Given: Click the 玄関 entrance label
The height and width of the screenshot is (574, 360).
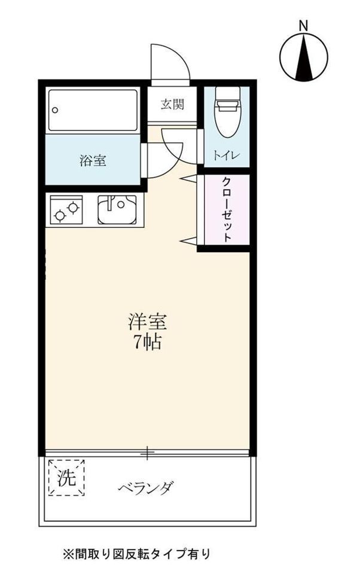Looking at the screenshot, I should (171, 104).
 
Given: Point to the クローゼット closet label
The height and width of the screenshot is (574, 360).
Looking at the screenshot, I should (227, 209).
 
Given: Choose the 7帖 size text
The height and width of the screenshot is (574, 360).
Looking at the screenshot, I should (146, 344).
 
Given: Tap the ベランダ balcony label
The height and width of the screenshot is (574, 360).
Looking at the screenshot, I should (146, 488).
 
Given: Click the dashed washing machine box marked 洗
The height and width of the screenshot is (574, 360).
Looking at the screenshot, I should (66, 477).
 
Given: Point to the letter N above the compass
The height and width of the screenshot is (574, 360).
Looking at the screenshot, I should (303, 25).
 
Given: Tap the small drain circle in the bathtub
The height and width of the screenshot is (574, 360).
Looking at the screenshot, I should (55, 110).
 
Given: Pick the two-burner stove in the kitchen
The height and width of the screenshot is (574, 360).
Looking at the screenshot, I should (65, 210).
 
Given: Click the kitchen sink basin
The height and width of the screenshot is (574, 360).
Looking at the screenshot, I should (118, 210).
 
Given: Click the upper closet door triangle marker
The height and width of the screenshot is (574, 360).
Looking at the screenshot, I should (189, 178).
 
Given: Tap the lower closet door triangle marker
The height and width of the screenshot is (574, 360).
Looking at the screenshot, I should (189, 240).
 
